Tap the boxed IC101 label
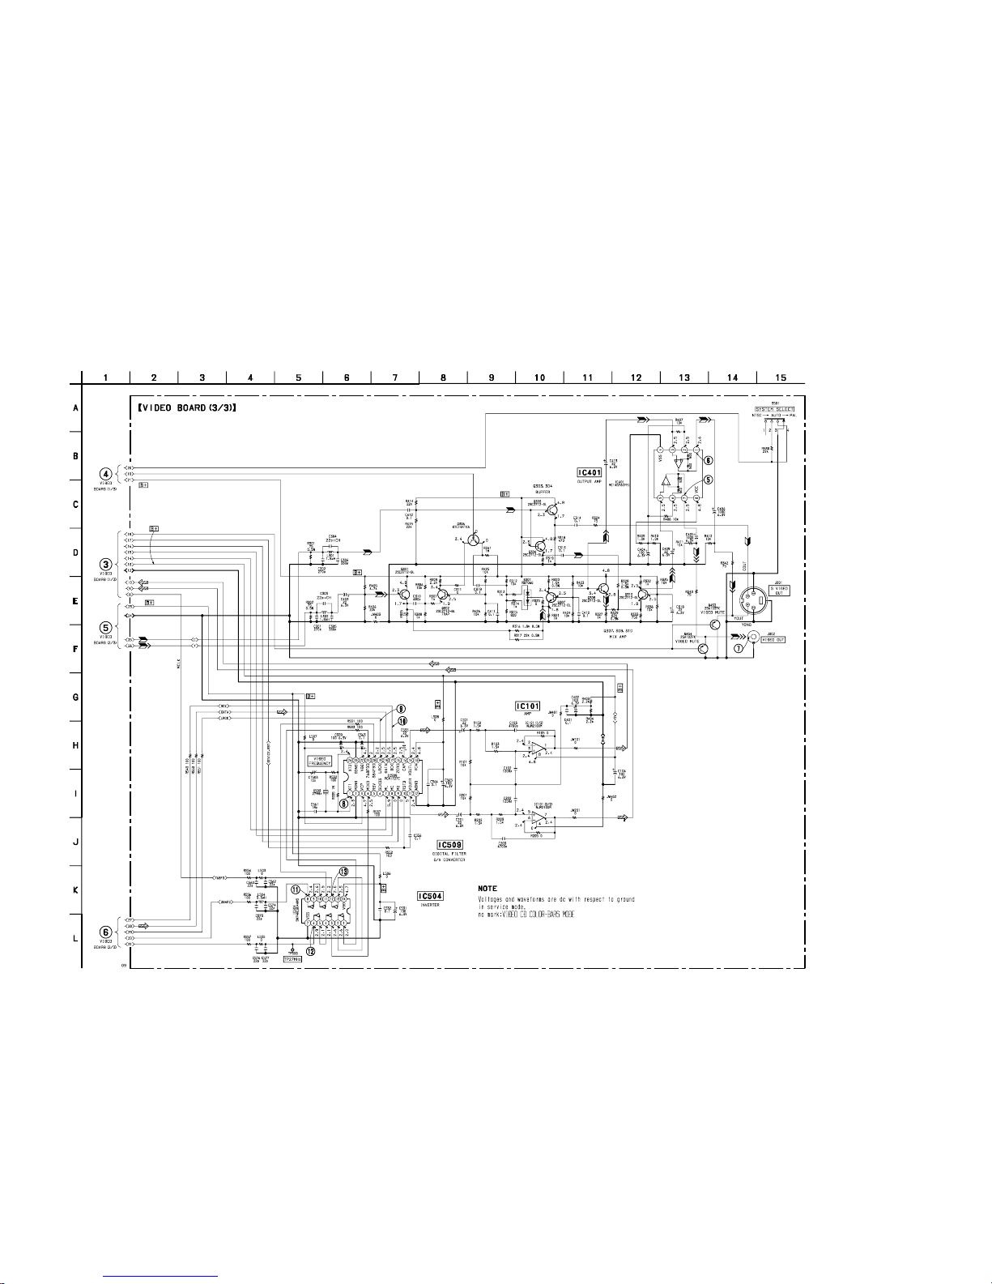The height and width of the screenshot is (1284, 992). point(529,705)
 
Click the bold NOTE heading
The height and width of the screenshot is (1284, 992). point(487,889)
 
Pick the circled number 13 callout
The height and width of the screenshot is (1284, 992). point(344,872)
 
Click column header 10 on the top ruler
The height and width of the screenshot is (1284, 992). point(539,377)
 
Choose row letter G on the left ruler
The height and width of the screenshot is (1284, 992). point(75,697)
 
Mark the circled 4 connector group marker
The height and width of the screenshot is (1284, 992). point(106,473)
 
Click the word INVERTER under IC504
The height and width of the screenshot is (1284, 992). point(428,906)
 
